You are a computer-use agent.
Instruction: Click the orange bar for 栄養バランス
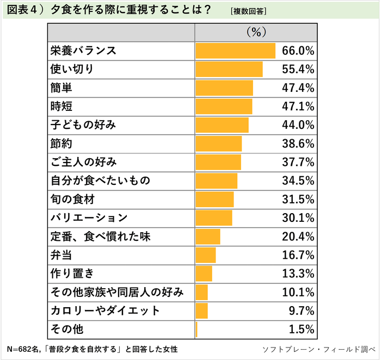[x=235, y=51]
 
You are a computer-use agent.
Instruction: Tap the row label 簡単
[x=61, y=88]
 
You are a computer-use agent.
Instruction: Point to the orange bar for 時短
[x=224, y=106]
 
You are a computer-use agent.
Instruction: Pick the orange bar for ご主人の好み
[x=218, y=162]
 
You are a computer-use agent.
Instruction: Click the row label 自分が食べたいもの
[x=99, y=181]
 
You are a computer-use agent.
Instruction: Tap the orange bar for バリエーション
[x=214, y=218]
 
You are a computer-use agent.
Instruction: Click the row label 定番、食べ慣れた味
[x=99, y=237]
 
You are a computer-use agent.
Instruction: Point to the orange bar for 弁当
[x=206, y=255]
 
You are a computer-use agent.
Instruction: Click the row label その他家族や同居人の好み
[x=116, y=292]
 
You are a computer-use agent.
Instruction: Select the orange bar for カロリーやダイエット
[x=201, y=311]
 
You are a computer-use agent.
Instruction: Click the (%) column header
[x=255, y=33]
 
